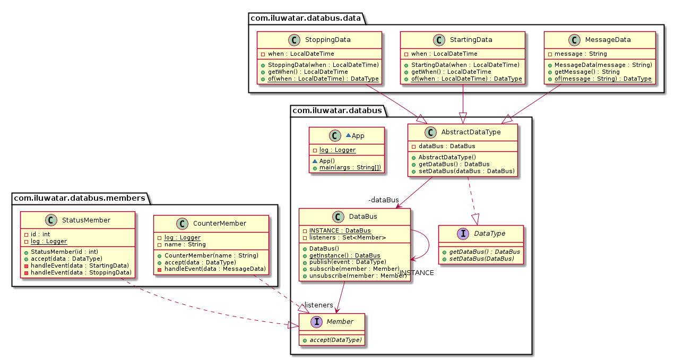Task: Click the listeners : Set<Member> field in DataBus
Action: point(348,237)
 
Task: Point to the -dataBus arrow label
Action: point(383,200)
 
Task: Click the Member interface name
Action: point(340,322)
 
